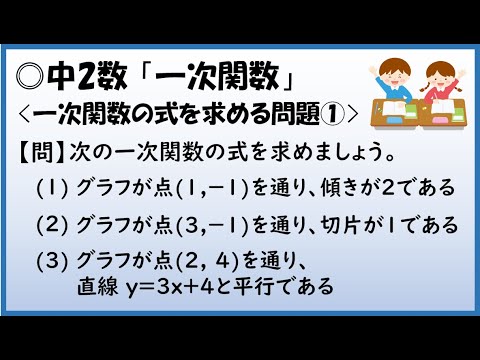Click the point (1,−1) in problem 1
(x=210, y=187)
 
